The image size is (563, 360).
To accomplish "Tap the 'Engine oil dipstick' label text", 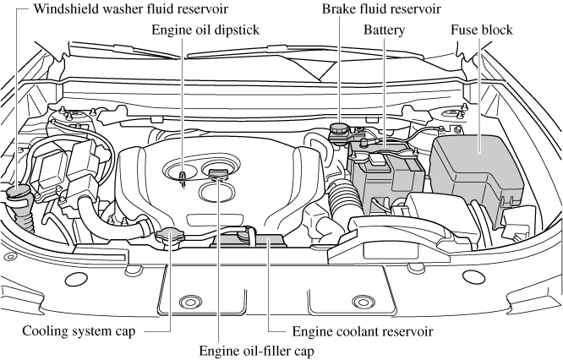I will click(205, 30).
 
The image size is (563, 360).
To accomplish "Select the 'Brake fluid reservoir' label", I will click(381, 10).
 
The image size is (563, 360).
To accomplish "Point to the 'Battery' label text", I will click(384, 30).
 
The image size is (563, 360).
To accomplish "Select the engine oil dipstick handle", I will click(183, 176).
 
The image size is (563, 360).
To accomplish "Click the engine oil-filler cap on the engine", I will click(220, 175).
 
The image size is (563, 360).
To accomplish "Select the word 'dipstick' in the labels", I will click(236, 30).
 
